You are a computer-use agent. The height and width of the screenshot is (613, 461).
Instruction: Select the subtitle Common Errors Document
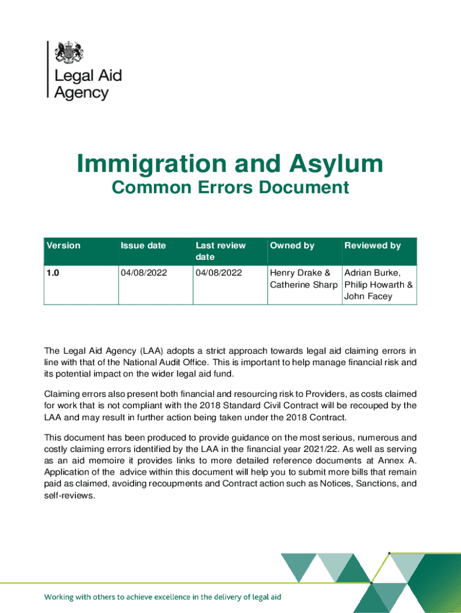[x=230, y=188]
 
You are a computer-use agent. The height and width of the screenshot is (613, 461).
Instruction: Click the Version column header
[x=63, y=245]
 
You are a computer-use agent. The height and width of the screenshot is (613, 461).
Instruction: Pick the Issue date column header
[x=143, y=245]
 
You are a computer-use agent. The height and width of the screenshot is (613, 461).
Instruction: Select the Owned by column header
[x=292, y=245]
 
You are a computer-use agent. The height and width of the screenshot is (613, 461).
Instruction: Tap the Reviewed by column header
[x=372, y=245]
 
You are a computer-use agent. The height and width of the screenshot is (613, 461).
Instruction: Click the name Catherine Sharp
[x=304, y=284]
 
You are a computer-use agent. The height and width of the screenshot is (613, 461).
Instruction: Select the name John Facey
[x=368, y=296]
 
